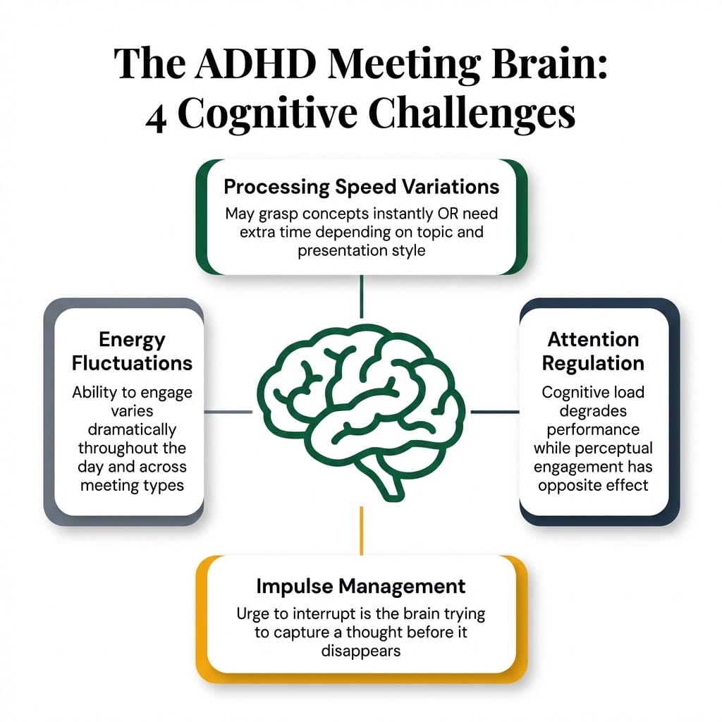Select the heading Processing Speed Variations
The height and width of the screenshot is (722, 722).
coord(361,187)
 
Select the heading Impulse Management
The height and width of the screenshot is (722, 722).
coord(361,586)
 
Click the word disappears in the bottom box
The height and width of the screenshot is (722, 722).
coord(361,650)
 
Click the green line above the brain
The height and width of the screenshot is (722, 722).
coord(361,296)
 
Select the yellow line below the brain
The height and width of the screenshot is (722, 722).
coord(361,529)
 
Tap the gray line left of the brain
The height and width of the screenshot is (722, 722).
coord(227,412)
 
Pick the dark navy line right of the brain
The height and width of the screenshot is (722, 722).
coord(494,412)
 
